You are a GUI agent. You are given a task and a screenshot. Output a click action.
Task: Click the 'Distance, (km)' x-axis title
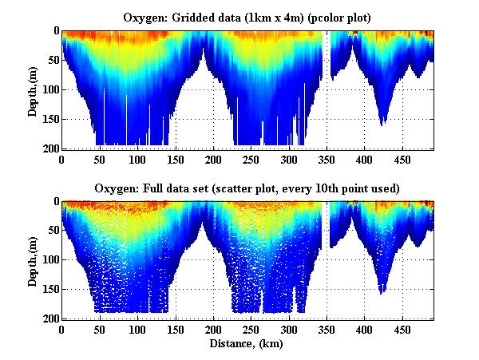(248, 344)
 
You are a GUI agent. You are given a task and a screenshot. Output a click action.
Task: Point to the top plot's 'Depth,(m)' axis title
(33, 89)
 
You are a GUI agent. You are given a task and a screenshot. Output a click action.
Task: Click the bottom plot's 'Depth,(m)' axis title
(33, 260)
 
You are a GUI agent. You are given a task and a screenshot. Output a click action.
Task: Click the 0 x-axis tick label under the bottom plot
(62, 330)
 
